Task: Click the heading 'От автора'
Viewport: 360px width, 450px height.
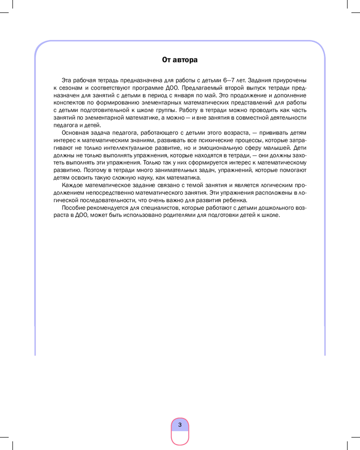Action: [x=180, y=59]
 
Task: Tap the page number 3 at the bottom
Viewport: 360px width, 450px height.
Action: [x=180, y=424]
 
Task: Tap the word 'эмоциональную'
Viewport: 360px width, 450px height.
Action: [x=235, y=148]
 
